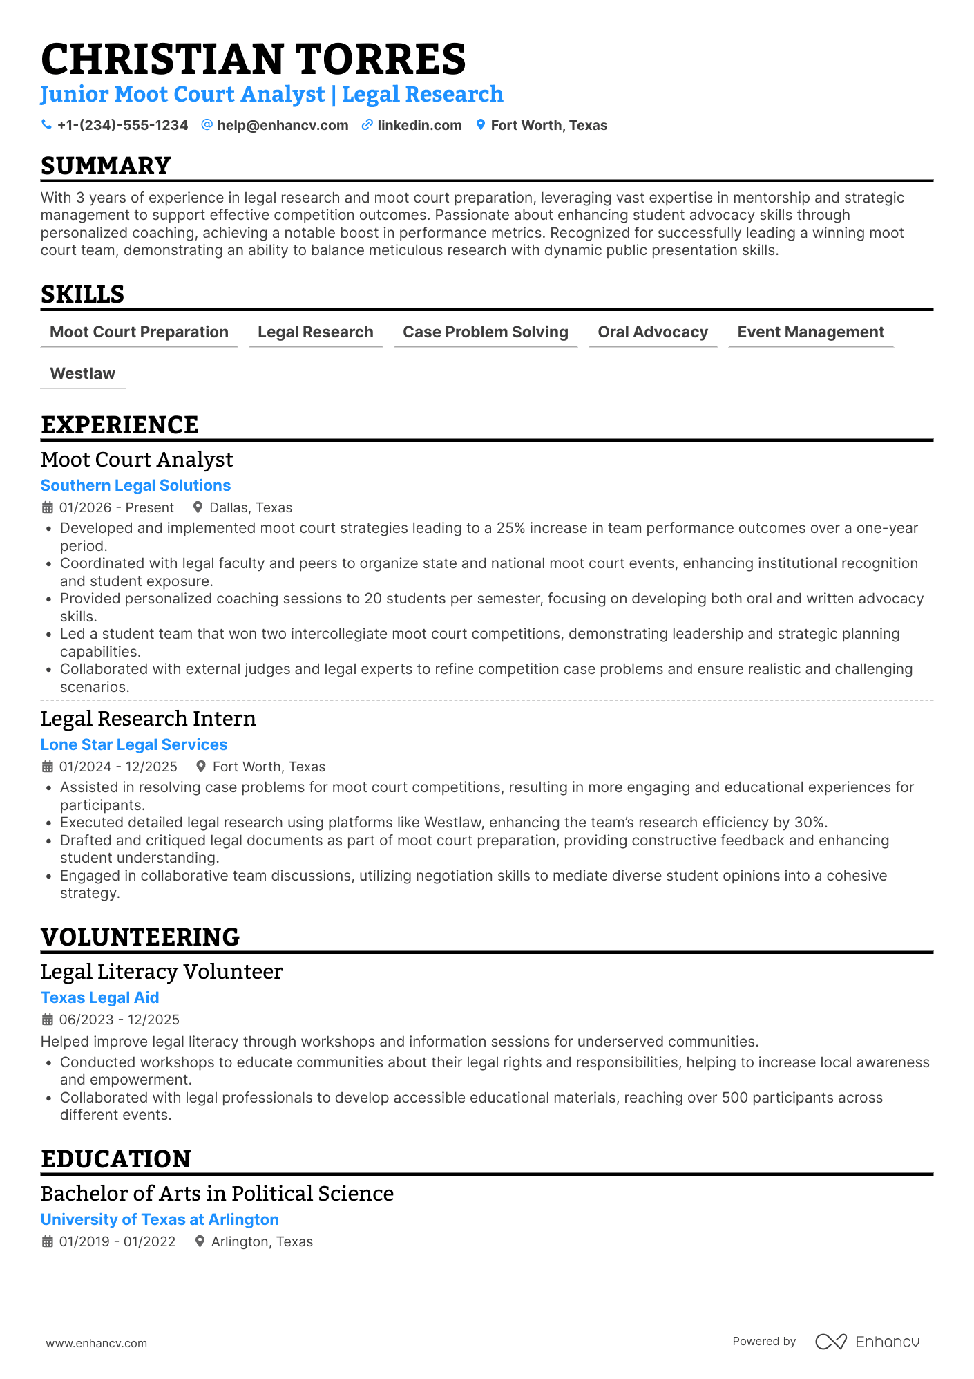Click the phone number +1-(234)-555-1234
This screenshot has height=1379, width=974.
122,125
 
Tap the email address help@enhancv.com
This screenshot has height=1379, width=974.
283,125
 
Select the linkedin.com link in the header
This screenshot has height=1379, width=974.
419,125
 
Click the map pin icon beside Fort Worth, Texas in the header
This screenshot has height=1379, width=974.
481,125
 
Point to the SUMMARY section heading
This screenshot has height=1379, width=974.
106,166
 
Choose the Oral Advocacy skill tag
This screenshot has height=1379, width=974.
653,332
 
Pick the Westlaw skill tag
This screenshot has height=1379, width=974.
83,374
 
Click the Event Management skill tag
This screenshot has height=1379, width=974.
810,332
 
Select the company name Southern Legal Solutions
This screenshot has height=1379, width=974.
135,486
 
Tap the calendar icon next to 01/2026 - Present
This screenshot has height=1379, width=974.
48,508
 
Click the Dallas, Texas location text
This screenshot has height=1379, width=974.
251,508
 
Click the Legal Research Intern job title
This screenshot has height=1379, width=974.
148,719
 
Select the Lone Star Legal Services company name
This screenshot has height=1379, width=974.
134,745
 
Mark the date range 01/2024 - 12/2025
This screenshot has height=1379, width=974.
118,767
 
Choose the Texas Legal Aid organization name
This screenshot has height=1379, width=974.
99,998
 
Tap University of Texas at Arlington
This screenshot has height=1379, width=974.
160,1220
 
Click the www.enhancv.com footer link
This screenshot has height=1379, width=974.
96,1344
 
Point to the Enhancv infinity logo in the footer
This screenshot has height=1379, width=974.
830,1342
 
